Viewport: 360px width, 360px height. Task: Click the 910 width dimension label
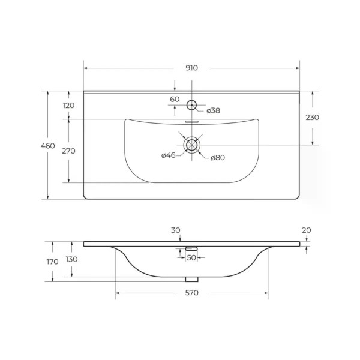[x=191, y=68]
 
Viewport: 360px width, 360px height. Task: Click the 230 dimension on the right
[x=312, y=118]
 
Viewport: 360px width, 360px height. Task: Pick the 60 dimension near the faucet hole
[x=175, y=99]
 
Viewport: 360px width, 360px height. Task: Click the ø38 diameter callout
[x=214, y=110]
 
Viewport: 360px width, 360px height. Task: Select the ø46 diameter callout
[x=168, y=156]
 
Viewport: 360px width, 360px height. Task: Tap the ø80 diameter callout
[x=217, y=157]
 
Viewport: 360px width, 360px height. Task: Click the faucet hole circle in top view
[x=191, y=105]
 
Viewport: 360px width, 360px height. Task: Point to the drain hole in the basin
[x=191, y=145]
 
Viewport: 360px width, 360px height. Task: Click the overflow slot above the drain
[x=191, y=121]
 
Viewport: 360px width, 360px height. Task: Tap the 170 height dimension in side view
[x=52, y=262]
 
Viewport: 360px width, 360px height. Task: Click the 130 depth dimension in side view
[x=71, y=259]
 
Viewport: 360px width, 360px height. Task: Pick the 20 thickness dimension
[x=307, y=230]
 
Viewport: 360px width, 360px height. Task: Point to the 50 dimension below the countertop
[x=191, y=257]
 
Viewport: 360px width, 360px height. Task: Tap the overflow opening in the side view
[x=191, y=248]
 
